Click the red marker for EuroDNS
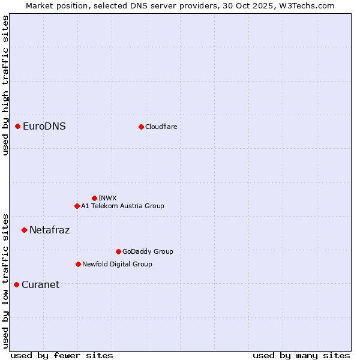(x=18, y=126)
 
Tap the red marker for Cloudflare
(x=142, y=127)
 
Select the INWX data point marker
(x=95, y=198)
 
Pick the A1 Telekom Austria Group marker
(x=77, y=206)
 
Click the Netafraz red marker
(x=25, y=230)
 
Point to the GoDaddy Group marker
(x=118, y=251)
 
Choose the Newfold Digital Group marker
(x=78, y=264)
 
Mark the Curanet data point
(x=17, y=284)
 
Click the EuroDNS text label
(x=44, y=126)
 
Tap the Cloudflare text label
(x=161, y=127)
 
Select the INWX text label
(x=107, y=198)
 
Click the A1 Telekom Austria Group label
(x=122, y=206)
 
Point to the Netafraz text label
(x=49, y=230)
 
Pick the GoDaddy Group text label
(x=148, y=251)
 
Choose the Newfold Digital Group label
(x=117, y=264)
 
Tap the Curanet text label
(x=40, y=284)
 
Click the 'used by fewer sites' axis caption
(x=62, y=355)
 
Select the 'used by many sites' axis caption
(x=301, y=355)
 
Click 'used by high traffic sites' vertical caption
(x=5, y=85)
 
